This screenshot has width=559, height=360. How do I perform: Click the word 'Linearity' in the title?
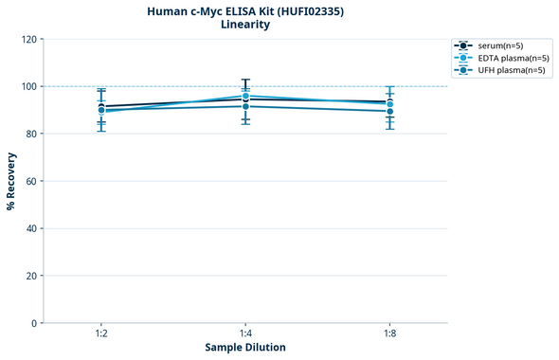pos(244,25)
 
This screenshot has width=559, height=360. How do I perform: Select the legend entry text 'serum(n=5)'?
pos(501,45)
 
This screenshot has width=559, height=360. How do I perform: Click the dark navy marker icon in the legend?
pos(462,45)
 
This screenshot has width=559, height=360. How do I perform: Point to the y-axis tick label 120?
pos(28,39)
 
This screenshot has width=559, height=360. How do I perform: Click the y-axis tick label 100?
pos(28,86)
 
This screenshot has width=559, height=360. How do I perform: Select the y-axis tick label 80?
pos(31,134)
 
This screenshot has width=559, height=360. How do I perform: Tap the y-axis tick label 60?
pos(31,181)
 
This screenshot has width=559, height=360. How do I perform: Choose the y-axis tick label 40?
pos(31,228)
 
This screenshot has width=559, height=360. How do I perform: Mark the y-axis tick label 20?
pos(31,276)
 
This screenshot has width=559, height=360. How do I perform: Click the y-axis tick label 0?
pos(34,323)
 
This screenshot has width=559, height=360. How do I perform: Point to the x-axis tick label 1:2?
pos(101,334)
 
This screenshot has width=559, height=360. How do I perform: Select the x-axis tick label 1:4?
pos(245,334)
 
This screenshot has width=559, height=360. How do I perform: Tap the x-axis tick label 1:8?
pos(389,334)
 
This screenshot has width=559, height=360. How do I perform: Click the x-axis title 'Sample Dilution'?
pos(245,348)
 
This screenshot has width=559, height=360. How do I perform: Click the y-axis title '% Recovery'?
pos(11,180)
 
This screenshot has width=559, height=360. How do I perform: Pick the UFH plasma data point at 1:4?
pos(245,106)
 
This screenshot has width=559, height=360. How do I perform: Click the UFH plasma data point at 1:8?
pos(389,111)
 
